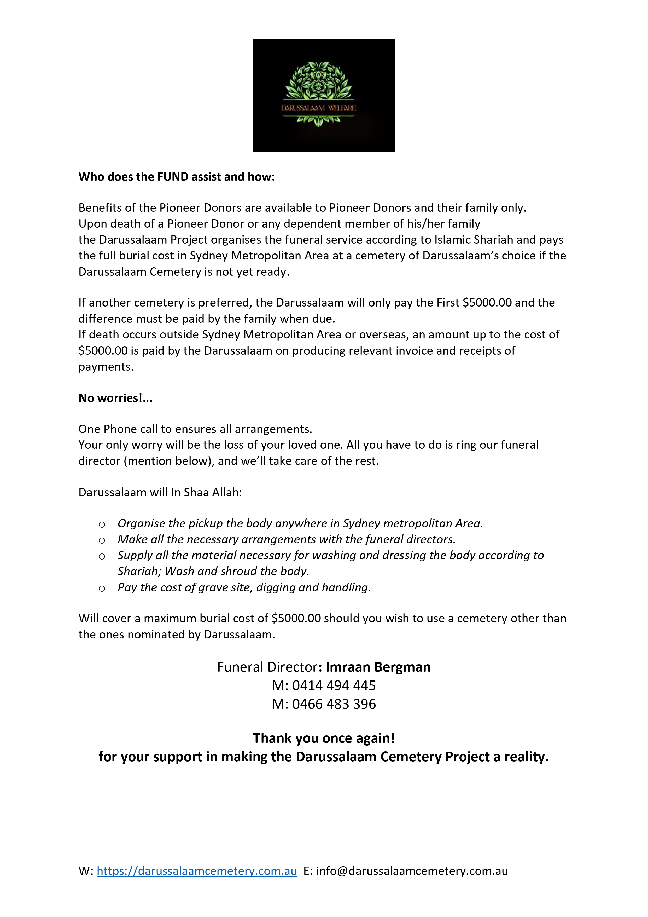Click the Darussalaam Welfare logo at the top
tap(324, 95)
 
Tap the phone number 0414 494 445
tap(334, 685)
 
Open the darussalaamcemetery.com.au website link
tap(197, 871)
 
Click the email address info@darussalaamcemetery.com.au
tap(412, 871)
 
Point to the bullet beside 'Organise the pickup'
tap(102, 524)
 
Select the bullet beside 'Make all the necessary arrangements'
tap(102, 540)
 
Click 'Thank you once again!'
tap(324, 738)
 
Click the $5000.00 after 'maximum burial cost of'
tap(296, 618)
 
